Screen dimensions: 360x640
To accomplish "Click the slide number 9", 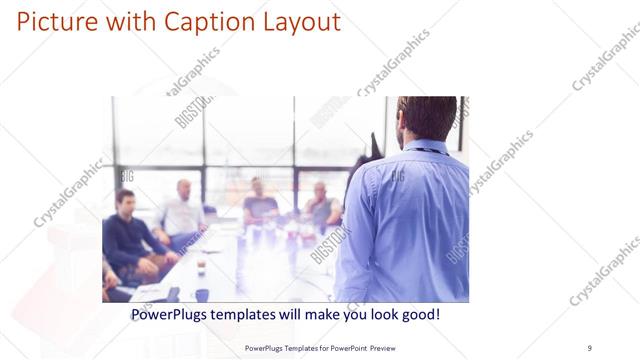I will coord(589,347).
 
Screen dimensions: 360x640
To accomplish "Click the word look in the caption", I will coord(377,314).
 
